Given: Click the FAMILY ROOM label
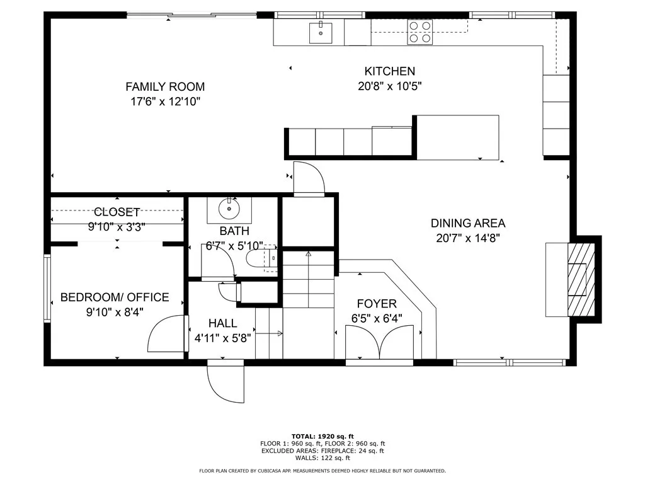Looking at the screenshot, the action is pyautogui.click(x=165, y=87).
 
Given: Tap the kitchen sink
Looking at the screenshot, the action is pyautogui.click(x=321, y=33).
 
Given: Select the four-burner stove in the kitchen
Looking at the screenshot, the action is pyautogui.click(x=420, y=32).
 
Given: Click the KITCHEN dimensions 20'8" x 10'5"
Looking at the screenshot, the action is pyautogui.click(x=389, y=86).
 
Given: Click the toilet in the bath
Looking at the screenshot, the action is pyautogui.click(x=261, y=258).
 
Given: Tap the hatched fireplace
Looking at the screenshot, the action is pyautogui.click(x=581, y=279).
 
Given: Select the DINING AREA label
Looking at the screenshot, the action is pyautogui.click(x=468, y=223).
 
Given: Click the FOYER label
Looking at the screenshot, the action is pyautogui.click(x=377, y=304).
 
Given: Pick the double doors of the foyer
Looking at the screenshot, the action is pyautogui.click(x=379, y=342).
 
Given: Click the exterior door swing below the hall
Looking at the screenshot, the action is pyautogui.click(x=225, y=381).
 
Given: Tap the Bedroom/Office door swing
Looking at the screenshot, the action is pyautogui.click(x=166, y=334).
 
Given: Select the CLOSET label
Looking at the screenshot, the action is pyautogui.click(x=117, y=212).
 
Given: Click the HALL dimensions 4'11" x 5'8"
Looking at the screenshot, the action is pyautogui.click(x=222, y=338).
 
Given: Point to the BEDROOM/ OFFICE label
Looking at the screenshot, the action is pyautogui.click(x=115, y=297).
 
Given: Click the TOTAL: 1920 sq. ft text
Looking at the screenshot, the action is pyautogui.click(x=322, y=436).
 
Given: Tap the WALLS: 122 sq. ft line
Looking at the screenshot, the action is pyautogui.click(x=322, y=458).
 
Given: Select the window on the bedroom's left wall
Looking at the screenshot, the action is pyautogui.click(x=47, y=289).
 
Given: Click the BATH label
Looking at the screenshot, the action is pyautogui.click(x=234, y=231).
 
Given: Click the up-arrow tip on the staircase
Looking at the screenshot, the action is pyautogui.click(x=309, y=252).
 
